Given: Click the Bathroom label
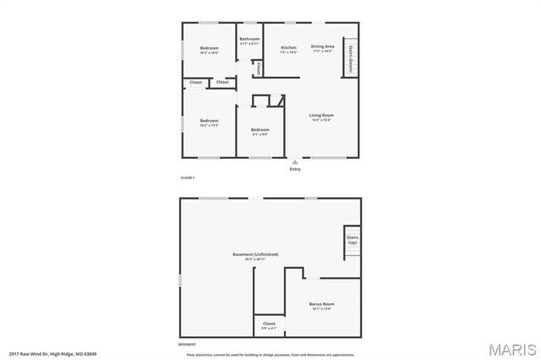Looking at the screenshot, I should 249,39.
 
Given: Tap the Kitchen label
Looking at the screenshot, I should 289,47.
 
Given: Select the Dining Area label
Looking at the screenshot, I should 323,46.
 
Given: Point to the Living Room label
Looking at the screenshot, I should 321,115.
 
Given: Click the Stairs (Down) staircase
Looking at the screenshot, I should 351,58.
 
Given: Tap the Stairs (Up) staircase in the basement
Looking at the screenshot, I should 352,241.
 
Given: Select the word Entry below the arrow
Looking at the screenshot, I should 295,169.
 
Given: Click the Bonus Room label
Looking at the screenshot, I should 323,303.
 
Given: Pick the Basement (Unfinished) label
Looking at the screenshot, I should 255,254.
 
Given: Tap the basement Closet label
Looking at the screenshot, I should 269,324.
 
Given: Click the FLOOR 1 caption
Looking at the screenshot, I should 188,177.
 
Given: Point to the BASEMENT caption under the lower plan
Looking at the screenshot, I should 188,345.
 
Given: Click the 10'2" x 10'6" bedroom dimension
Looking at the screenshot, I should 209,53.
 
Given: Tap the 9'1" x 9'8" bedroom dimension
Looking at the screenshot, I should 260,134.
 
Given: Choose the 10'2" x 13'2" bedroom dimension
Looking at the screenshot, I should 209,126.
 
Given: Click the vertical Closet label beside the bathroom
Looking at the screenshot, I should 259,68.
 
